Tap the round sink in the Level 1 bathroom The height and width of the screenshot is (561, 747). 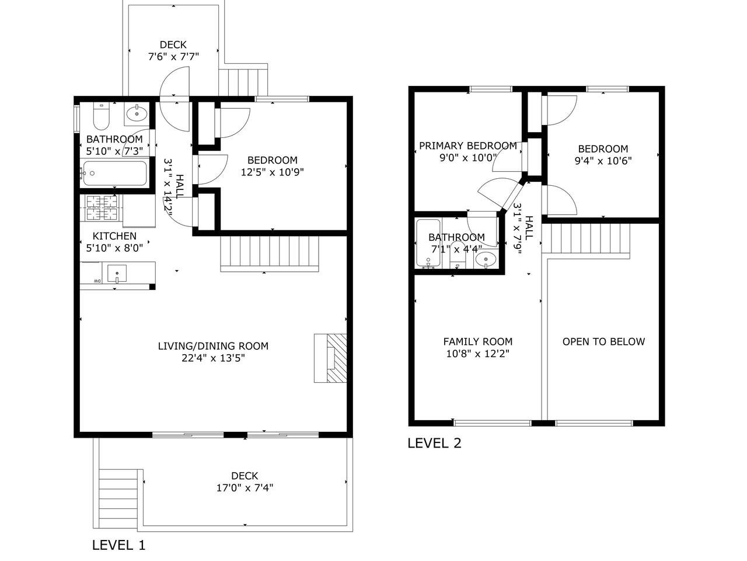click(x=137, y=113)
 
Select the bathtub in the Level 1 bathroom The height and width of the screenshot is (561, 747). click(x=115, y=174)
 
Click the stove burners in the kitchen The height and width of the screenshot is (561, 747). click(x=102, y=208)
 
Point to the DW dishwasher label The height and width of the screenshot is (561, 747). click(x=97, y=281)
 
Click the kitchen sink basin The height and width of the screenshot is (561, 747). click(x=117, y=273)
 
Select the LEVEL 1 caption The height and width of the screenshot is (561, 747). click(x=119, y=545)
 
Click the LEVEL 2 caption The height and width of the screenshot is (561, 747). click(x=435, y=443)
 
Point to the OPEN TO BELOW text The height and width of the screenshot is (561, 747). click(x=603, y=342)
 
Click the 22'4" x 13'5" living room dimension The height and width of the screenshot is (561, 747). click(x=214, y=358)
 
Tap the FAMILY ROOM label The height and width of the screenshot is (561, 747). click(x=478, y=341)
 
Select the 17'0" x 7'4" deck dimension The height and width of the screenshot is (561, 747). click(x=245, y=488)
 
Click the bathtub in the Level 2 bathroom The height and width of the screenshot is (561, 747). click(x=428, y=243)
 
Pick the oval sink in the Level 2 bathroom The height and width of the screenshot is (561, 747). click(x=486, y=260)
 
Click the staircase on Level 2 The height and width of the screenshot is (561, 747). click(x=586, y=238)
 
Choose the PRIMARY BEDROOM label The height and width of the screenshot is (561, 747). click(x=468, y=146)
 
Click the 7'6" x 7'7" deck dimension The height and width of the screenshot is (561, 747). click(x=173, y=57)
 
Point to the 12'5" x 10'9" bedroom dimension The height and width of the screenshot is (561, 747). click(x=273, y=172)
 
